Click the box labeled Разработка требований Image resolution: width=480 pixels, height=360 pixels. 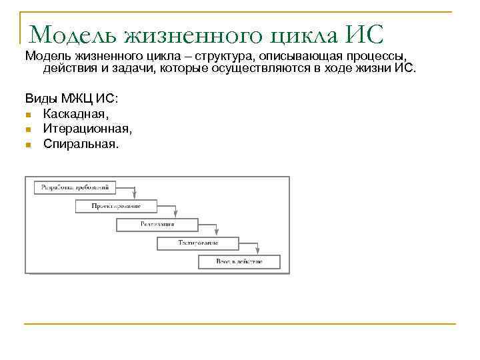click(x=75, y=188)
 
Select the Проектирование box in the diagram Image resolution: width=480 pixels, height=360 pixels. click(x=116, y=206)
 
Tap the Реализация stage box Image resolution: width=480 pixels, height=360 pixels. click(x=157, y=225)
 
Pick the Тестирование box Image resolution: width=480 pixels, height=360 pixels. click(x=198, y=243)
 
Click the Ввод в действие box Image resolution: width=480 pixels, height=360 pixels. click(x=239, y=261)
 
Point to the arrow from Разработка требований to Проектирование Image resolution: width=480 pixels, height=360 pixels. click(x=135, y=193)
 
